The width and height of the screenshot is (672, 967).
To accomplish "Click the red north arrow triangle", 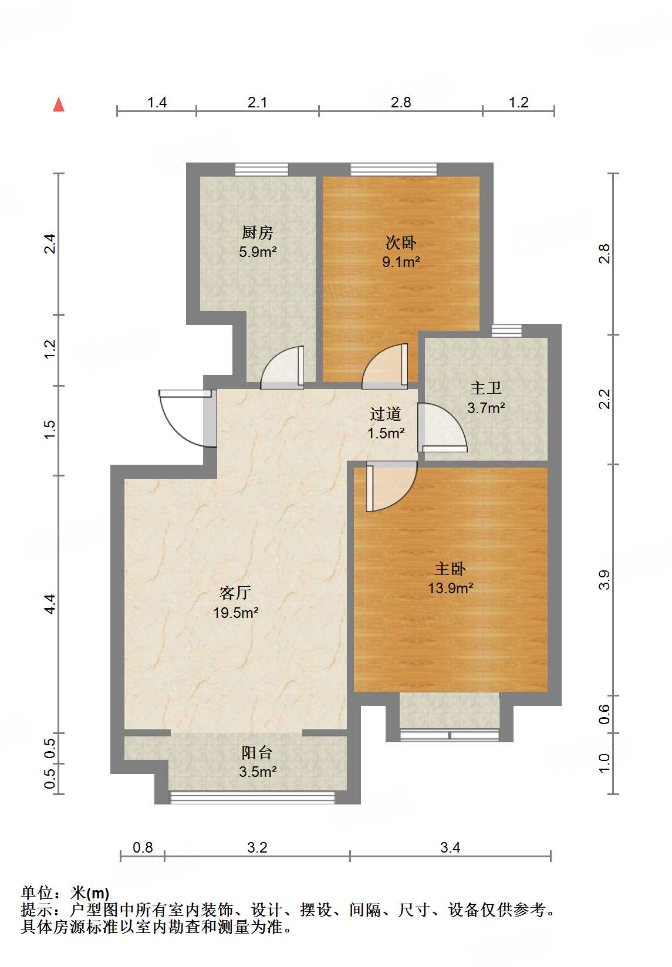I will [59, 105].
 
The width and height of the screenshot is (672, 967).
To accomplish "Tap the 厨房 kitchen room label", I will [258, 233].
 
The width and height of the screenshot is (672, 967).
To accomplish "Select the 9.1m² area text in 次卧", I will [401, 262].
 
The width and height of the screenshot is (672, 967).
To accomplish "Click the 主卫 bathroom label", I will [486, 388].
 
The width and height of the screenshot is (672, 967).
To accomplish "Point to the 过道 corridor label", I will [386, 414].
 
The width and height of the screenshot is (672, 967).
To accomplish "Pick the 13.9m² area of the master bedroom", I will [451, 588].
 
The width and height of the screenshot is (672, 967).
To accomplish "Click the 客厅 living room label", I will [235, 593].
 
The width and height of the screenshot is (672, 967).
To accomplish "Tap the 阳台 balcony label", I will [257, 752].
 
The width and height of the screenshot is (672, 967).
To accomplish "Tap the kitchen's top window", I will [262, 170].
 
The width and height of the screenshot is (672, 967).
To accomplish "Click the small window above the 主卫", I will [506, 331].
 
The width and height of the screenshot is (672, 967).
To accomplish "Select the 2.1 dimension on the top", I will [257, 103].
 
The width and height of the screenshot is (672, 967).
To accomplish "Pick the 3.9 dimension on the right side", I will [605, 579].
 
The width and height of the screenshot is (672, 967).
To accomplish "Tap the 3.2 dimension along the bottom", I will [257, 847].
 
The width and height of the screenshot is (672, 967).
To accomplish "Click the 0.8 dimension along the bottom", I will [143, 847].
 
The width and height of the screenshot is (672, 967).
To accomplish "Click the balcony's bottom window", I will [252, 797].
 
